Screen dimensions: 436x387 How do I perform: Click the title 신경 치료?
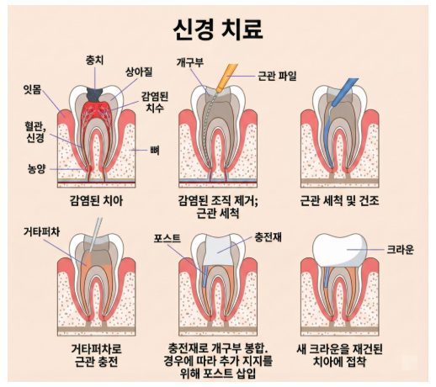pyautogui.click(x=218, y=29)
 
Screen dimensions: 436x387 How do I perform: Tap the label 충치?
pyautogui.click(x=94, y=60)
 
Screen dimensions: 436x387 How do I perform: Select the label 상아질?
pyautogui.click(x=139, y=72)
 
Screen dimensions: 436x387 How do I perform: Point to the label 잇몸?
pyautogui.click(x=32, y=90)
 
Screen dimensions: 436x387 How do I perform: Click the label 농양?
pyautogui.click(x=36, y=169)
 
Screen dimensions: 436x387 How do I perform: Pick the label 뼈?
pyautogui.click(x=155, y=151)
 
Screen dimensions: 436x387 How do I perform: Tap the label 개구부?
pyautogui.click(x=190, y=62)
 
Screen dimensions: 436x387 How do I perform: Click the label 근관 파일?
pyautogui.click(x=277, y=76)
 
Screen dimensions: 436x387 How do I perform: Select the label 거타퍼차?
pyautogui.click(x=41, y=232)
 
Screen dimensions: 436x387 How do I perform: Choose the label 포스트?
pyautogui.click(x=167, y=238)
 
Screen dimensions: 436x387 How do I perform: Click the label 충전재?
pyautogui.click(x=268, y=237)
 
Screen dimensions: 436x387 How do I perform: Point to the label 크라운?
pyautogui.click(x=401, y=249)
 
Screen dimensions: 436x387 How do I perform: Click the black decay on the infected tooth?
pyautogui.click(x=95, y=94)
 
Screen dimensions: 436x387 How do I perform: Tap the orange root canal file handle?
pyautogui.click(x=228, y=77)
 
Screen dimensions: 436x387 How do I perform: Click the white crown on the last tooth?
pyautogui.click(x=340, y=250)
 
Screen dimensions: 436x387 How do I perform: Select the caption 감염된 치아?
pyautogui.click(x=96, y=201)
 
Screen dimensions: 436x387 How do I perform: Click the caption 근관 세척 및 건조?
pyautogui.click(x=339, y=201)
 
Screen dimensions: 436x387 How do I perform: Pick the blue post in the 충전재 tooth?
pyautogui.click(x=205, y=276)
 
